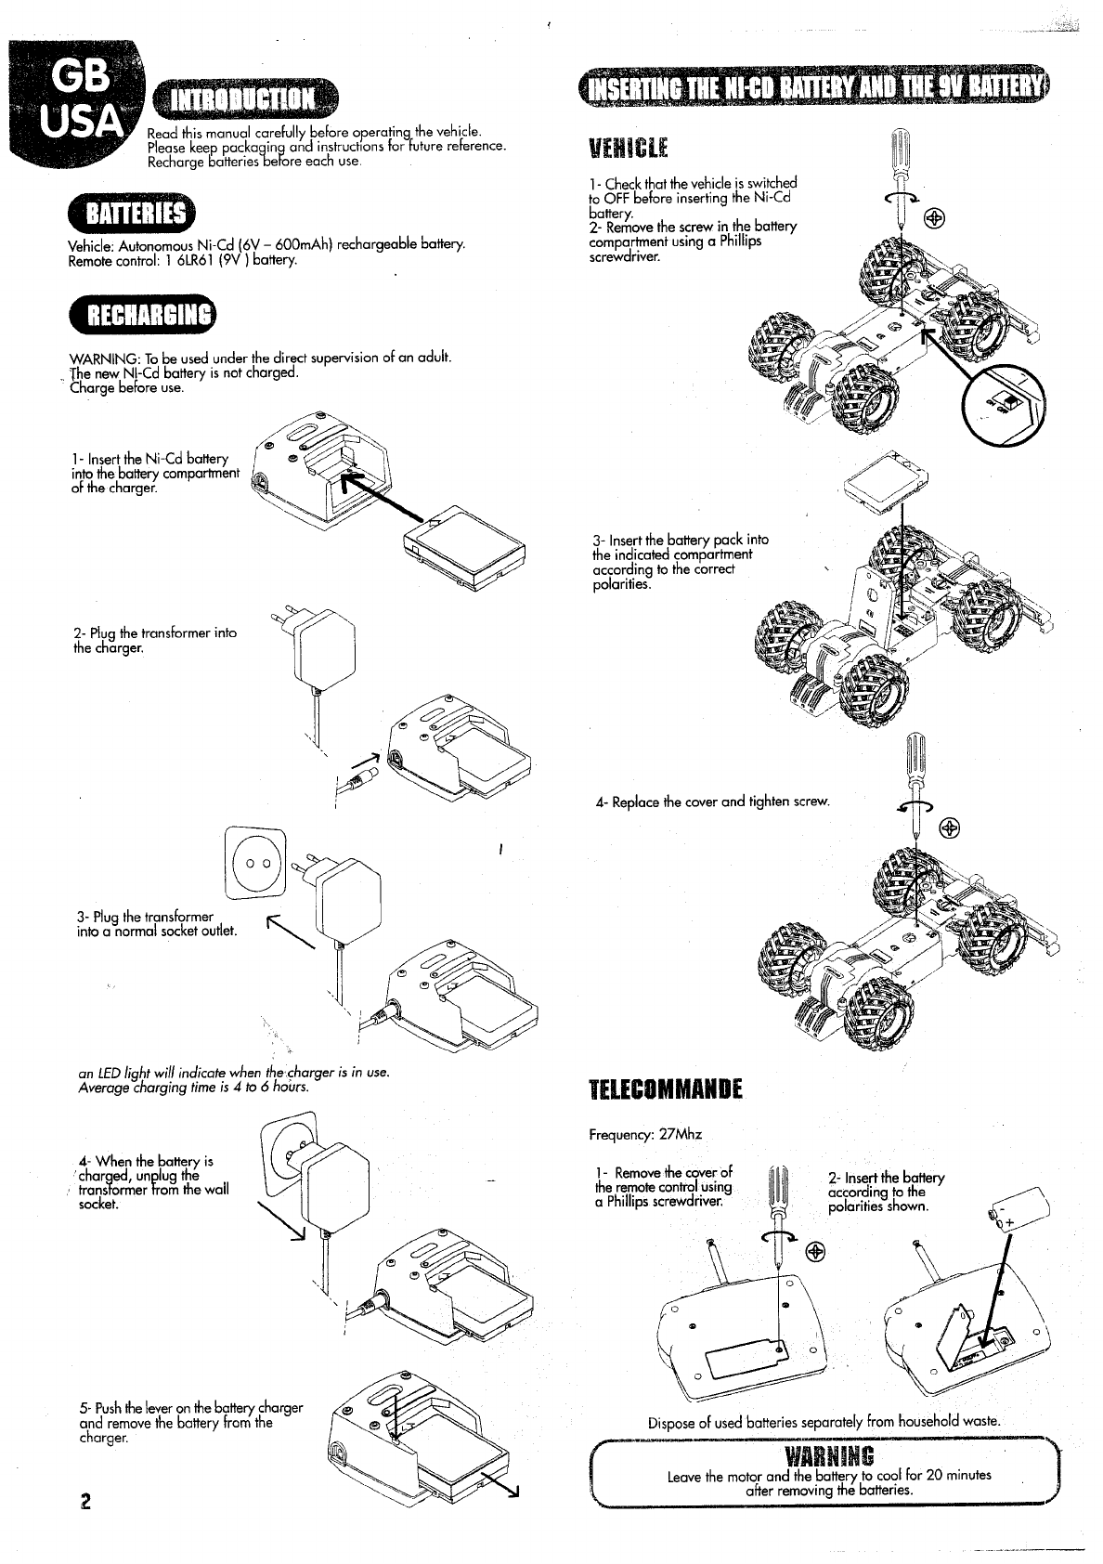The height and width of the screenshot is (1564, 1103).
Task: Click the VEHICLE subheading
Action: [629, 150]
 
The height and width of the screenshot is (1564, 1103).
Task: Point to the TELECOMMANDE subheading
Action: [666, 1088]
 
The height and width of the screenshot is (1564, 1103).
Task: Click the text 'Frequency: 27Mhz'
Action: [645, 1135]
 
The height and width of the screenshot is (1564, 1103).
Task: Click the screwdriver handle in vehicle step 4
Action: [915, 764]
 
